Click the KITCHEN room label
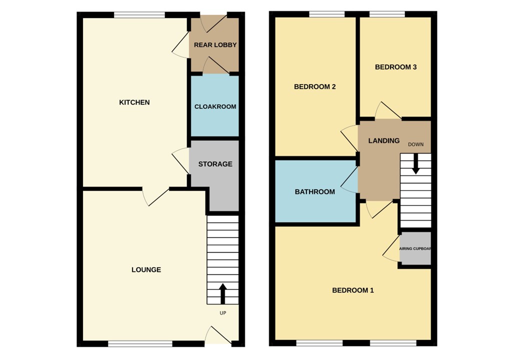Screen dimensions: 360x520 [134, 102]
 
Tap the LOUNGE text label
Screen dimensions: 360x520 [146, 270]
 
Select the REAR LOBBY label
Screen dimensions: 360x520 [215, 45]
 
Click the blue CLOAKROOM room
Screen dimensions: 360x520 [215, 106]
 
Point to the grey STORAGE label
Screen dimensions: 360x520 [215, 164]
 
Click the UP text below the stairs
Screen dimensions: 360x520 [223, 313]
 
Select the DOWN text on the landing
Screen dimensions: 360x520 [415, 144]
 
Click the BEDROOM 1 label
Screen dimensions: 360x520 [353, 290]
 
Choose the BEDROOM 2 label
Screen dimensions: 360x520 [314, 87]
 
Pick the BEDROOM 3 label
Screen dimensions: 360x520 [395, 67]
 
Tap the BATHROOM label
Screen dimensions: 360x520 [314, 192]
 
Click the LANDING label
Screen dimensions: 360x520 [383, 141]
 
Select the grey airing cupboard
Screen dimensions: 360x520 [415, 248]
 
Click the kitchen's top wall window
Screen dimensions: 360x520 [139, 15]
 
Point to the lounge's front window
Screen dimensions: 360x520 [140, 343]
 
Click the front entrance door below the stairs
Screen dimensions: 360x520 [218, 336]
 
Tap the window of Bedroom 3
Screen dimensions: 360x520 [387, 14]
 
